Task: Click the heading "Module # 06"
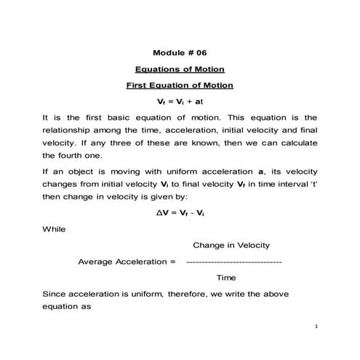click(180, 53)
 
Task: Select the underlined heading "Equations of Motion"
click(180, 69)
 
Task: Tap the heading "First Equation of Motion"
click(180, 85)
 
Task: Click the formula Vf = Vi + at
click(180, 101)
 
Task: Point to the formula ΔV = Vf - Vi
click(180, 213)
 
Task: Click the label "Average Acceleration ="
click(127, 261)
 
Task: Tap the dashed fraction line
click(233, 261)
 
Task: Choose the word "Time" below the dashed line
click(226, 277)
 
